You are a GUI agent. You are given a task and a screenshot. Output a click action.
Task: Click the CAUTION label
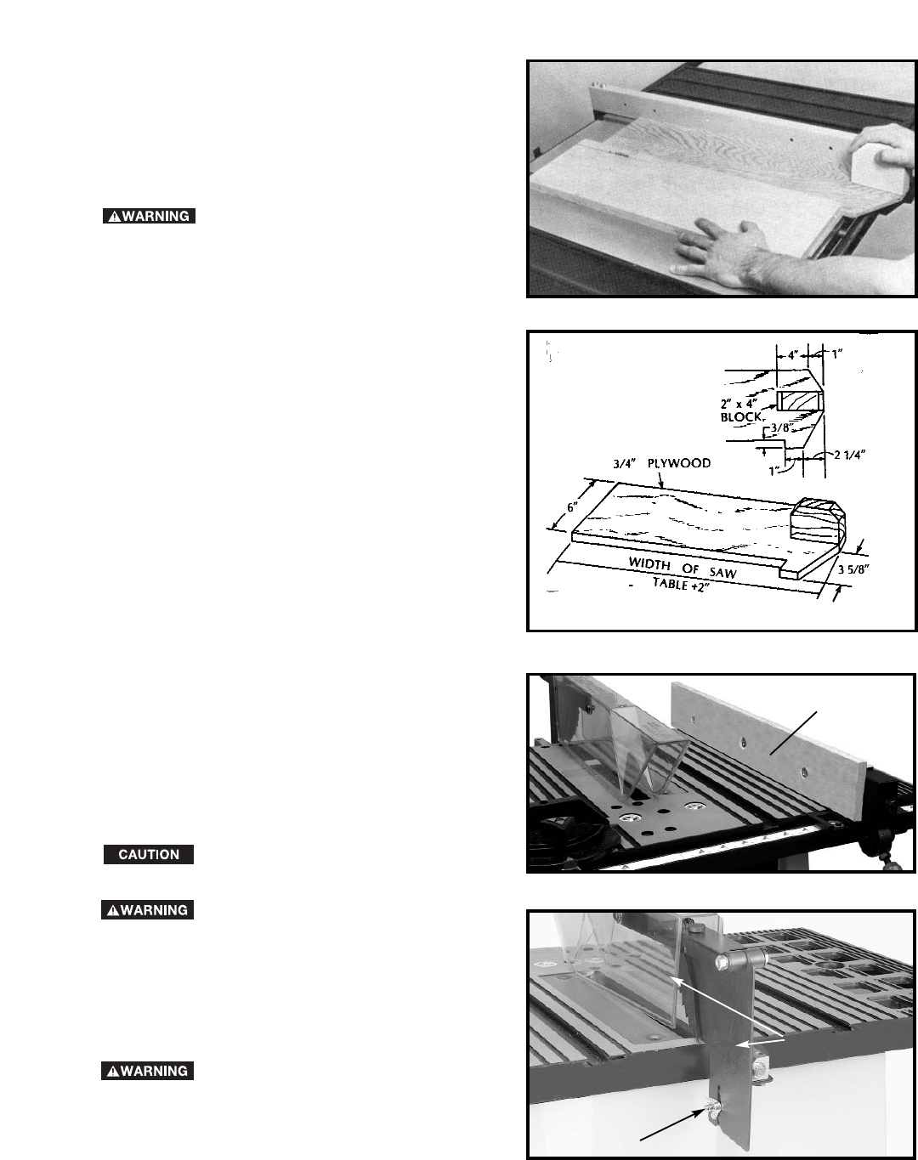(149, 854)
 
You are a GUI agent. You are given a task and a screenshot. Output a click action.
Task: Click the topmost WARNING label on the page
(149, 216)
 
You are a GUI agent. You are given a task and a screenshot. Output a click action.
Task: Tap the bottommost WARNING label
(147, 1071)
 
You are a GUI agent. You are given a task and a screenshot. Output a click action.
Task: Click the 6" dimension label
(573, 506)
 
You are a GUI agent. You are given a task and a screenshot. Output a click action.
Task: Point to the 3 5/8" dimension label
(853, 569)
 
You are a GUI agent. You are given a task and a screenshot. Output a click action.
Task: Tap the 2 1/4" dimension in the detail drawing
(850, 455)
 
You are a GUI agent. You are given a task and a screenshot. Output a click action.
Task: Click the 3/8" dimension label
(780, 427)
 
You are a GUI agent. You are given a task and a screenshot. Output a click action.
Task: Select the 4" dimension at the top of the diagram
(793, 356)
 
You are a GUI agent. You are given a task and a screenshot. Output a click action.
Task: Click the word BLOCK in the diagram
(741, 417)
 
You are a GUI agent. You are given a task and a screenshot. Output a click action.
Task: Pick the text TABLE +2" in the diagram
(680, 585)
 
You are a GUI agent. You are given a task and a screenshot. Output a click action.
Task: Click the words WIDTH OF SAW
(683, 569)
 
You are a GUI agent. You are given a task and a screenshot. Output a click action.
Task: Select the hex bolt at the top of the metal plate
(724, 960)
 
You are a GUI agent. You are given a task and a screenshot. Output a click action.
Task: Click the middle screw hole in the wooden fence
(744, 743)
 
